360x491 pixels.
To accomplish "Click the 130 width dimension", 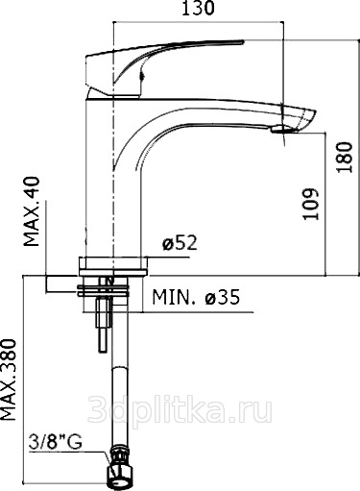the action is coord(198,8).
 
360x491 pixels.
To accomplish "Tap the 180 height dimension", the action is coord(345,157).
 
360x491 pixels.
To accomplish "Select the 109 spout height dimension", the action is coord(311,204).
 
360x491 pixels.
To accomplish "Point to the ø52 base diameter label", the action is coord(180,243).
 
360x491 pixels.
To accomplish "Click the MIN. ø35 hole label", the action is coord(196,297).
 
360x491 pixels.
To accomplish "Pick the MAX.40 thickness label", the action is coord(32,211).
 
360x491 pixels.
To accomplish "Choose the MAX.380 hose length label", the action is coord(9,380).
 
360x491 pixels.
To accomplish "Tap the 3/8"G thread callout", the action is coord(55,442).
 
